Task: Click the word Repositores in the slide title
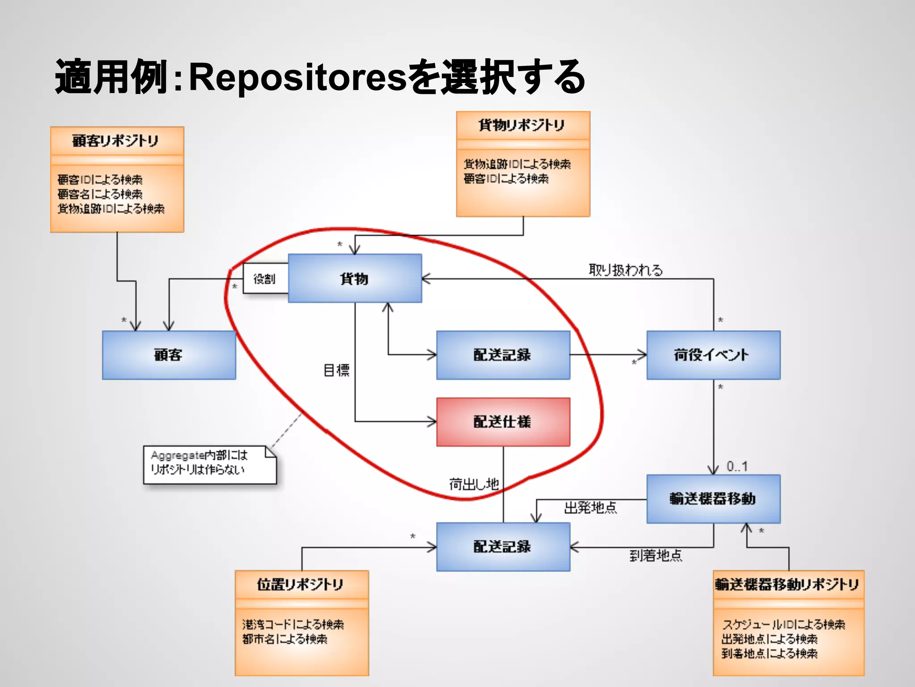click(x=298, y=77)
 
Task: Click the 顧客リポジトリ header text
click(x=116, y=141)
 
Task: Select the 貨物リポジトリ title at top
click(x=522, y=125)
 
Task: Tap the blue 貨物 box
click(x=354, y=279)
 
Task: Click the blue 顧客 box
click(x=168, y=355)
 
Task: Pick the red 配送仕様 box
click(x=503, y=422)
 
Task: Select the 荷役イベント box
click(x=713, y=355)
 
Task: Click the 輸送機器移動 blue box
click(x=713, y=499)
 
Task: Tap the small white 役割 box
click(x=264, y=279)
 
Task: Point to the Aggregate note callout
click(x=209, y=465)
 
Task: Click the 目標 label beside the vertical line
click(x=336, y=370)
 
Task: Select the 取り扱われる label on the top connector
click(x=625, y=270)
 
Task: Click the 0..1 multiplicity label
click(x=737, y=466)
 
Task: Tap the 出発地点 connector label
click(x=590, y=508)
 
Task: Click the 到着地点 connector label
click(x=655, y=556)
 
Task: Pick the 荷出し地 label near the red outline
click(x=474, y=484)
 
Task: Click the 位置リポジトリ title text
click(x=300, y=585)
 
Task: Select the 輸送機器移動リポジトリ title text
click(x=787, y=585)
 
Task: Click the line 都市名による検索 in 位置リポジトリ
click(x=285, y=639)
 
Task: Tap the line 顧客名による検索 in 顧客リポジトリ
click(x=100, y=194)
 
